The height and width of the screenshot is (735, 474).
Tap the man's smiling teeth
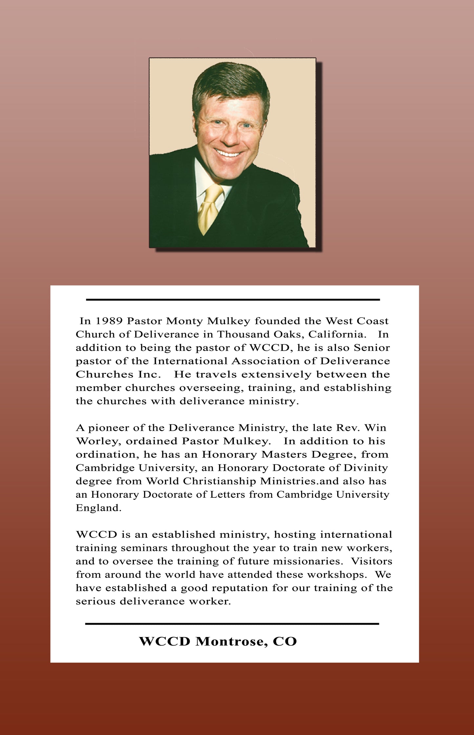(x=228, y=153)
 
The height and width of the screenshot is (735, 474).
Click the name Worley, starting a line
(x=99, y=441)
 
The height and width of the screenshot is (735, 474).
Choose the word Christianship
(x=219, y=481)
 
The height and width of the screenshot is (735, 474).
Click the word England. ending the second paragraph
(x=99, y=508)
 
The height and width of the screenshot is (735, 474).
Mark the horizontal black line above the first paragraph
(x=233, y=300)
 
